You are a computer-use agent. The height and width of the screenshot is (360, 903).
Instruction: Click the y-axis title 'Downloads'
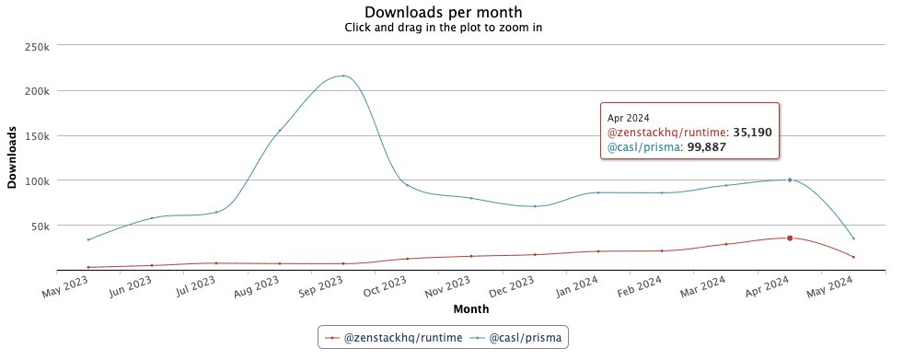coord(12,157)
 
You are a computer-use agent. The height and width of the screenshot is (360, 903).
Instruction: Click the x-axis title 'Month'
coord(470,308)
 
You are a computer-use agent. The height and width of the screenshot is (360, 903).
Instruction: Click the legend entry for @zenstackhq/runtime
coord(396,338)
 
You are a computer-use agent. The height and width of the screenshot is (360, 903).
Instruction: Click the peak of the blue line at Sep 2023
coord(343,75)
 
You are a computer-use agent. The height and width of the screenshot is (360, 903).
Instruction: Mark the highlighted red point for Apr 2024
coord(790,238)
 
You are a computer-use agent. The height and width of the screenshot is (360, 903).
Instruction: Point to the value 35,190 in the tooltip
coord(752,133)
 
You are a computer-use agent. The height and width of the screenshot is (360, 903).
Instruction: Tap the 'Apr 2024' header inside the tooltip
coord(629,118)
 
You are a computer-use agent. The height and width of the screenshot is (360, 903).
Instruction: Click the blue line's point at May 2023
coord(88,239)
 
